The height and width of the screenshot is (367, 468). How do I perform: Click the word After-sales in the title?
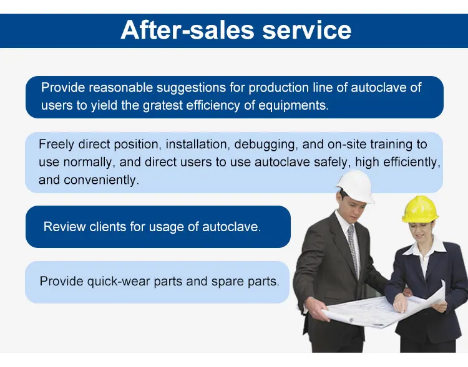(x=187, y=30)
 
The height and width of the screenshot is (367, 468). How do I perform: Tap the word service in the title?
(x=307, y=31)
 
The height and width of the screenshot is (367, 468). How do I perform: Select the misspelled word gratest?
(x=162, y=105)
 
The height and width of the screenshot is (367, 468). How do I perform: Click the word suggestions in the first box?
(x=191, y=88)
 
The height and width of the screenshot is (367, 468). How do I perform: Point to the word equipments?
(x=293, y=105)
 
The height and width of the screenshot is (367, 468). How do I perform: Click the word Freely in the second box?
(x=56, y=145)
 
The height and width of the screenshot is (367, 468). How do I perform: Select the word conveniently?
(x=102, y=180)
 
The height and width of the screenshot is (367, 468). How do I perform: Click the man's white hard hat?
(x=355, y=186)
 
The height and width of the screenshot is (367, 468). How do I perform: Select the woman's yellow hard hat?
(x=420, y=209)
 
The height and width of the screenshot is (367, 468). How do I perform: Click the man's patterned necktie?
(x=353, y=250)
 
